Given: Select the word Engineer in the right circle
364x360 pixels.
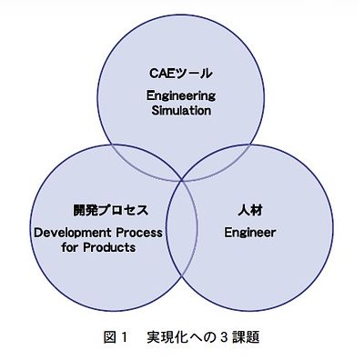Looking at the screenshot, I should [249, 232].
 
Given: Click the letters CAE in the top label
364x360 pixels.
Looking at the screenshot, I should [161, 72].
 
